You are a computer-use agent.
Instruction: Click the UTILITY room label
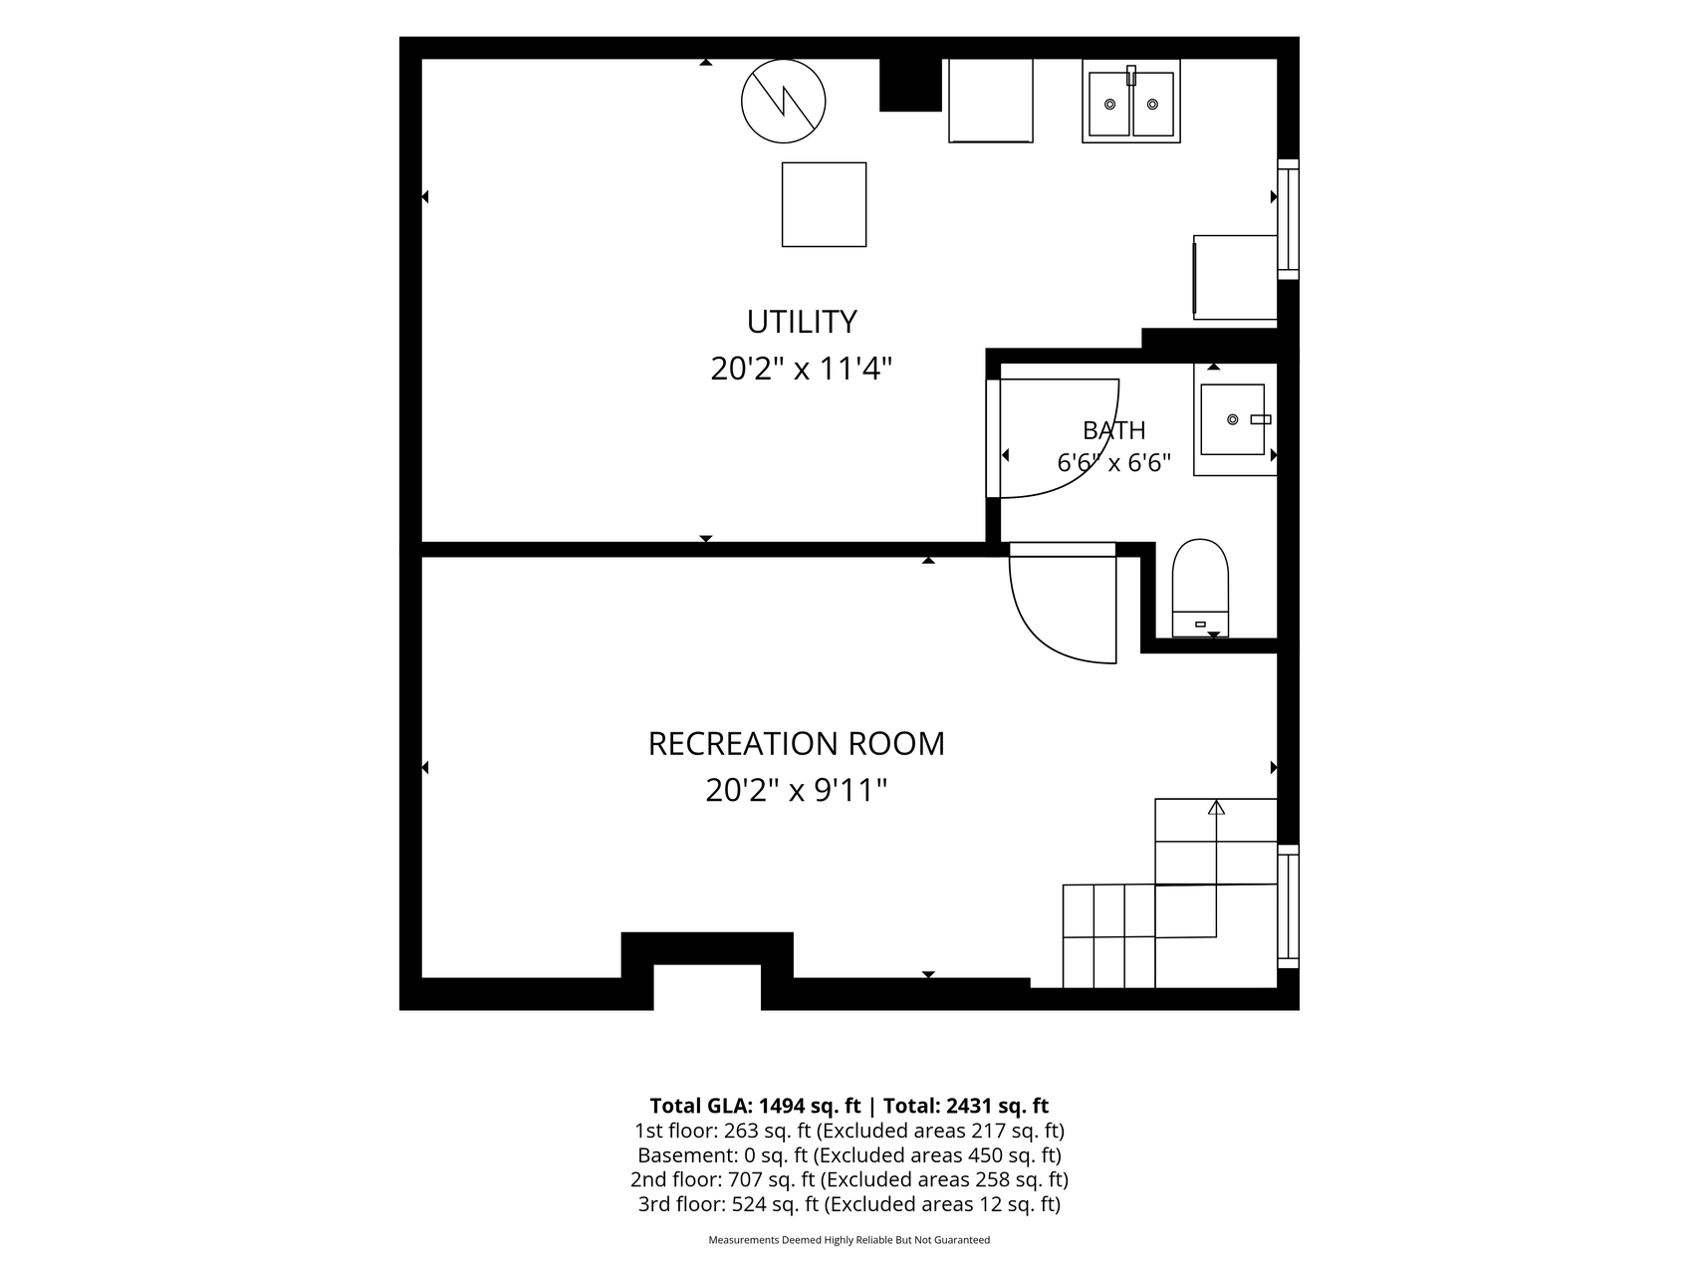coord(802,322)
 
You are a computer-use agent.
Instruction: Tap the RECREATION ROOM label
coord(796,743)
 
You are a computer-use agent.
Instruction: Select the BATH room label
coord(1114,430)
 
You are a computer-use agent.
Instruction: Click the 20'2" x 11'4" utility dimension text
coord(801,370)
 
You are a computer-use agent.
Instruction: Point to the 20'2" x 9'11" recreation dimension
coord(796,791)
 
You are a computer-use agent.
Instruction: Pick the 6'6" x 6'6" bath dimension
coord(1113,463)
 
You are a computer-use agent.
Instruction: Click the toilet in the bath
coord(1200,588)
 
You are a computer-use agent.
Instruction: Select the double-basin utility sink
coord(1131,101)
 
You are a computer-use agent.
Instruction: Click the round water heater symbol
coord(784,101)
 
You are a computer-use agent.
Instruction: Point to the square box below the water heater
coord(824,204)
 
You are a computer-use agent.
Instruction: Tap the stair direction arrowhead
coord(1216,807)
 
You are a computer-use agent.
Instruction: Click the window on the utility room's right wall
coord(1288,219)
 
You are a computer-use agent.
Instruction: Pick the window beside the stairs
coord(1288,906)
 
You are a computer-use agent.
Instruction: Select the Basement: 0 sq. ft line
coord(849,1155)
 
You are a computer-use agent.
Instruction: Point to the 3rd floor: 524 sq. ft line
coord(849,1204)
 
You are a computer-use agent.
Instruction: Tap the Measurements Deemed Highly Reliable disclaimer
coord(849,1240)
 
